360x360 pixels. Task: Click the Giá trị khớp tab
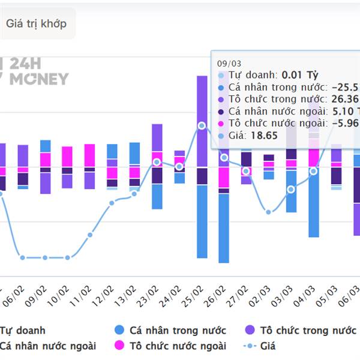36,24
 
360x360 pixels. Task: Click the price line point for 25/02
202,125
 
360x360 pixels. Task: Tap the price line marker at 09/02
45,257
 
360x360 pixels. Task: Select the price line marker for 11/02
90,235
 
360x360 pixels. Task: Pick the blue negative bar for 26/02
224,228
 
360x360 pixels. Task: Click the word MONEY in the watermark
39,79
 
